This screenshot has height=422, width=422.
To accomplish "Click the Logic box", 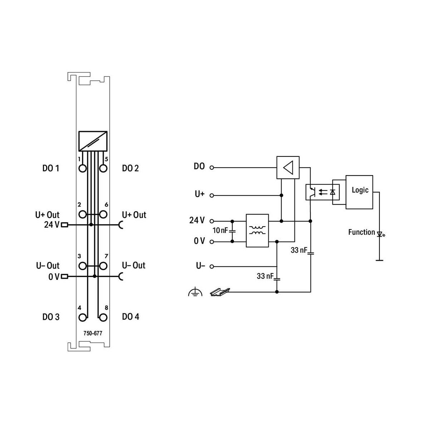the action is click(x=359, y=192).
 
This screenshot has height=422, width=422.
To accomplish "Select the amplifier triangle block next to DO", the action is click(x=288, y=167).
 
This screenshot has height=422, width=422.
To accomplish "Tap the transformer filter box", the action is click(x=257, y=230).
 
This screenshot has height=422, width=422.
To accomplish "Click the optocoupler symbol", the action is click(x=322, y=192).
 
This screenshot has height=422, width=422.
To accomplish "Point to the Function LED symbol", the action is click(x=380, y=234).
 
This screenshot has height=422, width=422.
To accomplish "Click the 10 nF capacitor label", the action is click(x=220, y=230).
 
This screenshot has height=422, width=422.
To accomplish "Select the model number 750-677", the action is click(x=93, y=333).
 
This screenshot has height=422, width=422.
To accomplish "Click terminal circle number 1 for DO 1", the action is click(x=83, y=168).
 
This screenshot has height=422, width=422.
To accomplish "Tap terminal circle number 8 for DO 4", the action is click(x=103, y=318).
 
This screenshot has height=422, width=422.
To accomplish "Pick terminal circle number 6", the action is click(x=103, y=214).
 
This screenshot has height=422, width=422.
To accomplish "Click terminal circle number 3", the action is click(x=83, y=266).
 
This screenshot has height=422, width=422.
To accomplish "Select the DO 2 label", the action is click(x=130, y=168).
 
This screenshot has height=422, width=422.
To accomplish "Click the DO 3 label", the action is click(x=51, y=317).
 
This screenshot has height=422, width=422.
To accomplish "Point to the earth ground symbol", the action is click(x=195, y=292).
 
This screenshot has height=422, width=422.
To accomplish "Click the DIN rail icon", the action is click(x=220, y=292).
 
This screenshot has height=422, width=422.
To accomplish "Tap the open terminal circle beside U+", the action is click(x=212, y=196).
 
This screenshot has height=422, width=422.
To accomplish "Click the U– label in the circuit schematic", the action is click(x=200, y=266).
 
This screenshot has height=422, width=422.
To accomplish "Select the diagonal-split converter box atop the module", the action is click(x=93, y=141).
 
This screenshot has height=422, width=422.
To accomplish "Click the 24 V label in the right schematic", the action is click(x=197, y=220).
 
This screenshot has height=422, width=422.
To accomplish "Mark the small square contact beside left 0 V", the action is click(x=65, y=277).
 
